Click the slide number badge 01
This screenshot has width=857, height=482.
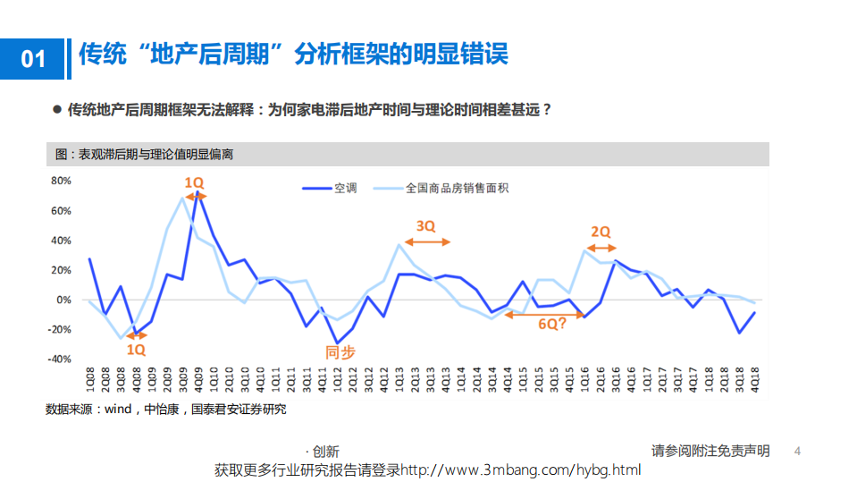point(32,59)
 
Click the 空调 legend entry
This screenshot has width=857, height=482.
point(345,188)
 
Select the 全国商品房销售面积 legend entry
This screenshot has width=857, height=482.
point(457,188)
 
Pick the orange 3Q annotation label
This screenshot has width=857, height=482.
point(425,226)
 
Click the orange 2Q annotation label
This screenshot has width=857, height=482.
point(601,232)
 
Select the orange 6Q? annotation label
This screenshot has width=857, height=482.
point(551,325)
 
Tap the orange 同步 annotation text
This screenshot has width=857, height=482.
point(340,352)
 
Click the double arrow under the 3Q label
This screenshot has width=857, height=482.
point(428,242)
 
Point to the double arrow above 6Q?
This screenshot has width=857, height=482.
point(544,314)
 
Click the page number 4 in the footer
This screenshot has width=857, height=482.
point(797,452)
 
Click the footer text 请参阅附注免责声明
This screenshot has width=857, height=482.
point(710,451)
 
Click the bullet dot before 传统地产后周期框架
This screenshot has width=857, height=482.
point(57,111)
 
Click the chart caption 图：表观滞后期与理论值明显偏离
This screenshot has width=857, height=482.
point(145,155)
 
